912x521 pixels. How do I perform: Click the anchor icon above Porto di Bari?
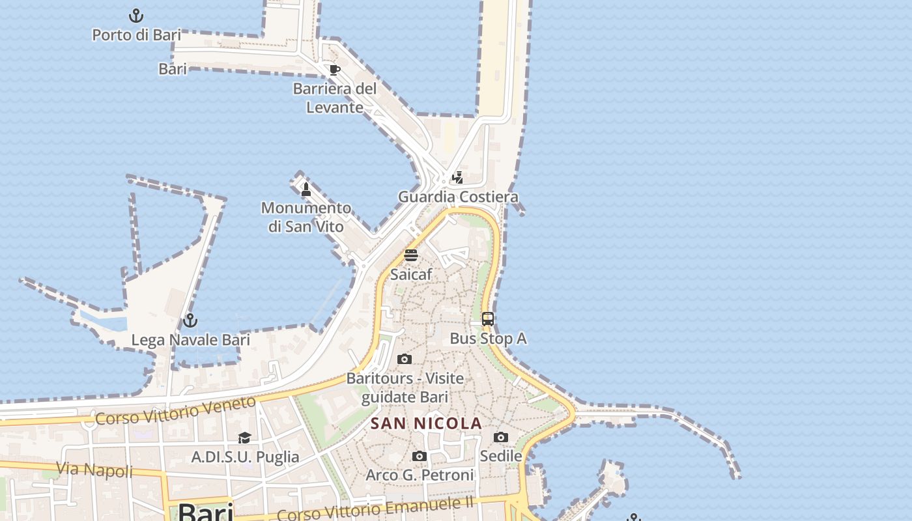135,15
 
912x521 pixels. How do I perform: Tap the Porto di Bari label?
136,35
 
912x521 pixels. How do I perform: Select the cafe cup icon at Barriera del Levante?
335,70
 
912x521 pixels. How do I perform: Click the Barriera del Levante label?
335,98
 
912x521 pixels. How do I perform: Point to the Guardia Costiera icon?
458,177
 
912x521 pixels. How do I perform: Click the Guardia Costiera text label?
458,197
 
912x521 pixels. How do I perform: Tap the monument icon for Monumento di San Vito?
306,189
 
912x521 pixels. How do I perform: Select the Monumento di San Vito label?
306,217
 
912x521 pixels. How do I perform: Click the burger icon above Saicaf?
411,255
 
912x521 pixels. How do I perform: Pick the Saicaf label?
411,274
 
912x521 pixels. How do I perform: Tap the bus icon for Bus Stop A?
488,319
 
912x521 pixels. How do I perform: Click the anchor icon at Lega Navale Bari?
190,320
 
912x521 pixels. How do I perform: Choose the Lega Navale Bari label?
191,340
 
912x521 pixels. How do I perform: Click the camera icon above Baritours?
405,359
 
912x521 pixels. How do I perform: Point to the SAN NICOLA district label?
427,424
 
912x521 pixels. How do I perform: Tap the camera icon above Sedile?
501,437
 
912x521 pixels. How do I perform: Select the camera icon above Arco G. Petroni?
420,456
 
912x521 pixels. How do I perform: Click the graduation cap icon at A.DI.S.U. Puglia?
244,438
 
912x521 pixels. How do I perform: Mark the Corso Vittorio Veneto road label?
176,411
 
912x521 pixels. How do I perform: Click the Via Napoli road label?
94,470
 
